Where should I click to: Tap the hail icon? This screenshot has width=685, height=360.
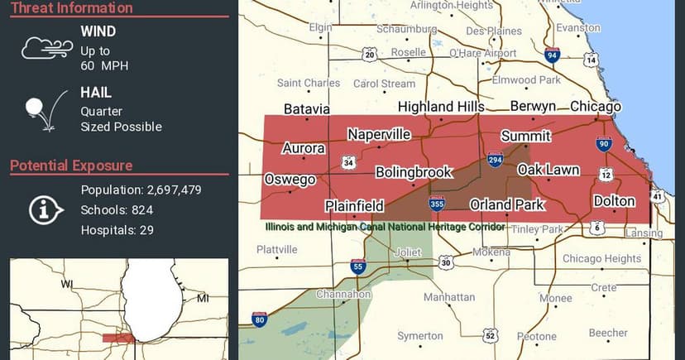41,111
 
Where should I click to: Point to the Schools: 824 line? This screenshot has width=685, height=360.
117,210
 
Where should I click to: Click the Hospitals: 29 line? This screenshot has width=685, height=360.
117,230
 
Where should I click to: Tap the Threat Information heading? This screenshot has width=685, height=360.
72,8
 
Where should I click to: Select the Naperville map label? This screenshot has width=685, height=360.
379,134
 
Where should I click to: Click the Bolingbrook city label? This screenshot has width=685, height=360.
414,172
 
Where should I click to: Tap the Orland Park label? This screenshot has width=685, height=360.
507,204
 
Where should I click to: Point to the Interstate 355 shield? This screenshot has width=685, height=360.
437,204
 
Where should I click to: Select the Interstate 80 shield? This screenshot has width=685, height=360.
259,319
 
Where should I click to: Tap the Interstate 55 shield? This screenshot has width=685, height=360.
358,266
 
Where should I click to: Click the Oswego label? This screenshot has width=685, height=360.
290,180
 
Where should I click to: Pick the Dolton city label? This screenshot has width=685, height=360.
614,201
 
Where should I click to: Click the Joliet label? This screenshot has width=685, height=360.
409,252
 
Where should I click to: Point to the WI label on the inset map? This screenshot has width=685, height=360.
67,284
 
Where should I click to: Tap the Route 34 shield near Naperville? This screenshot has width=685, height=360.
350,162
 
